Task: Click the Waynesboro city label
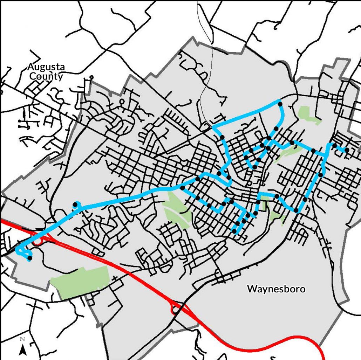pyautogui.click(x=276, y=289)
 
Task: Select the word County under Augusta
pyautogui.click(x=46, y=76)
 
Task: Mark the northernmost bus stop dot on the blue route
pyautogui.click(x=280, y=104)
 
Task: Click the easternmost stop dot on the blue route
pyautogui.click(x=347, y=150)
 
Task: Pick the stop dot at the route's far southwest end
pyautogui.click(x=29, y=258)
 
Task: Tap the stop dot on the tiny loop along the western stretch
pyautogui.click(x=75, y=204)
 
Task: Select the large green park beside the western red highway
pyautogui.click(x=80, y=281)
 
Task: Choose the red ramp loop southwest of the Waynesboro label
pyautogui.click(x=174, y=309)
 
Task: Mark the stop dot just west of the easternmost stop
pyautogui.click(x=335, y=146)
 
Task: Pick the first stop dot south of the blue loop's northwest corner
pyautogui.click(x=222, y=137)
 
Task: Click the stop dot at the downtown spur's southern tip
pyautogui.click(x=234, y=231)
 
